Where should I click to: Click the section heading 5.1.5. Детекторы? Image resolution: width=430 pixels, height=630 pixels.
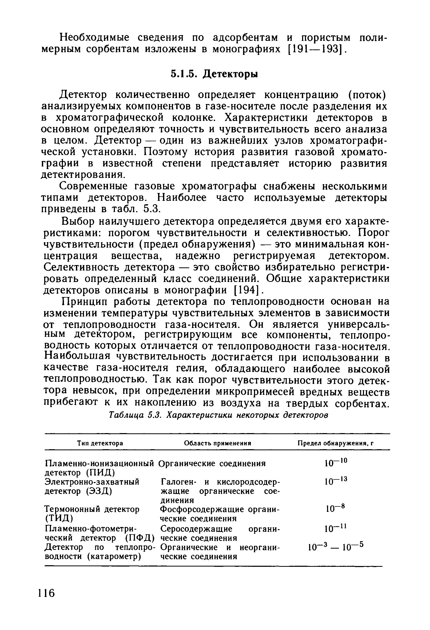point(214,73)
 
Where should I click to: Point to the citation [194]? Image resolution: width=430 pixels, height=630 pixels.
point(247,290)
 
